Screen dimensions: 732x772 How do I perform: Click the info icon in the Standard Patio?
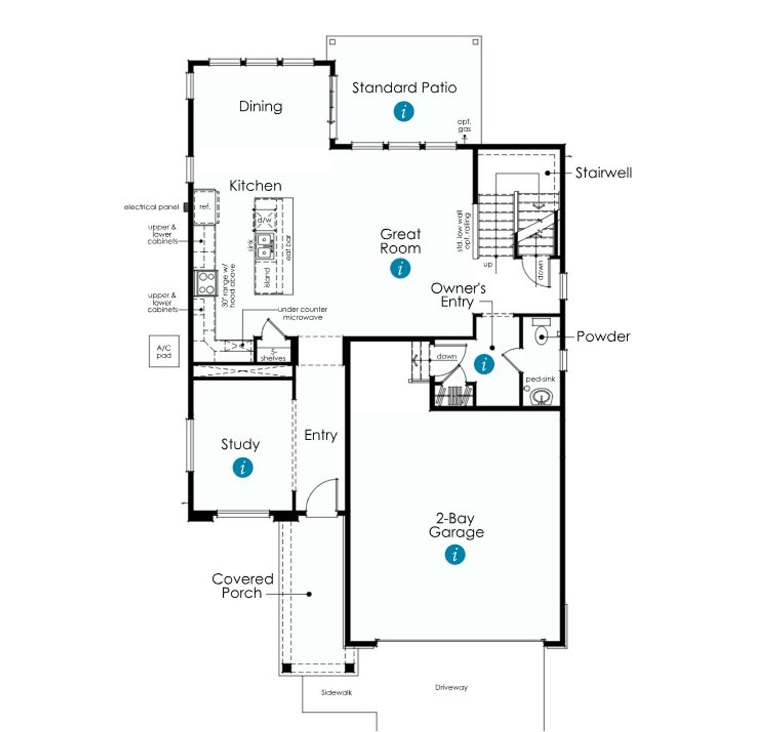click(x=403, y=112)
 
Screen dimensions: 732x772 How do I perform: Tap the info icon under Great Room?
click(x=400, y=268)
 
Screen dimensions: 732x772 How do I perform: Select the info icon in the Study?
click(x=242, y=467)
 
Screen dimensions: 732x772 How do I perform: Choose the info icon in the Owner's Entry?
click(x=484, y=364)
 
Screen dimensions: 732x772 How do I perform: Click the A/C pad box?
click(x=164, y=352)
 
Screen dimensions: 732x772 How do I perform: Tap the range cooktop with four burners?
click(x=206, y=283)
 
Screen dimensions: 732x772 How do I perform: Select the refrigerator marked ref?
click(x=206, y=207)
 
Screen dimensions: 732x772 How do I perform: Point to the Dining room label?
click(x=261, y=107)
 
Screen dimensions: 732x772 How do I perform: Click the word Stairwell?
click(x=603, y=173)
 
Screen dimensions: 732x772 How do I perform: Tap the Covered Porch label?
click(x=242, y=586)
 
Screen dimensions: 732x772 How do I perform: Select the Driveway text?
click(x=451, y=687)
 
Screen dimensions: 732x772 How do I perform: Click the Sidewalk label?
click(x=336, y=693)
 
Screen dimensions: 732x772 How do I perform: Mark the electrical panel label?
click(x=151, y=207)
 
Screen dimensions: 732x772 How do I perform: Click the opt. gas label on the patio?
click(x=464, y=125)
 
